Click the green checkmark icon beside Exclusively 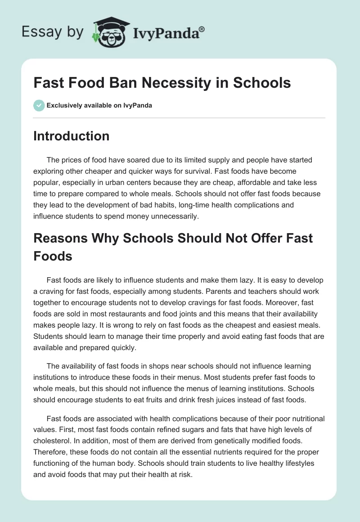coord(39,105)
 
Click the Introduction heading coord(71,136)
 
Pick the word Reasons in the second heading coord(60,238)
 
